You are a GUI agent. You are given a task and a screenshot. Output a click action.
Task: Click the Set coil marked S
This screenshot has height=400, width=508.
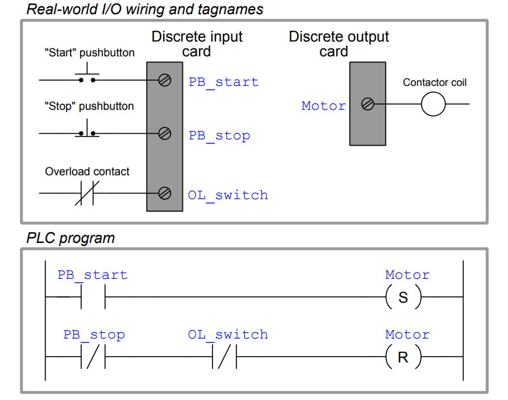[x=403, y=298]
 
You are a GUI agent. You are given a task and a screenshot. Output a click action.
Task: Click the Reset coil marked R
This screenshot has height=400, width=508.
[x=403, y=357]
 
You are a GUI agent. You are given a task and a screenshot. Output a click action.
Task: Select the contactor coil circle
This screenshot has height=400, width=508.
[x=433, y=104]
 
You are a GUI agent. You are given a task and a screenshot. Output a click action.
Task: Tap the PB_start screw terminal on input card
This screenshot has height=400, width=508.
[x=165, y=80]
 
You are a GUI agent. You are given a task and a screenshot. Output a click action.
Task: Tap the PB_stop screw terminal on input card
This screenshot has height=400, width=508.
[x=165, y=134]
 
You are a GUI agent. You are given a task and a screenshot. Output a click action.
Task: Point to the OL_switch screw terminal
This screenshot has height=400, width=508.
[x=165, y=193]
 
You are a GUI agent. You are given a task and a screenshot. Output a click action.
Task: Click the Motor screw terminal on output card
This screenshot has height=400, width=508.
[x=368, y=104]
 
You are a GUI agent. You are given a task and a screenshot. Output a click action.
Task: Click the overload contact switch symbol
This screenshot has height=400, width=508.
[x=87, y=193]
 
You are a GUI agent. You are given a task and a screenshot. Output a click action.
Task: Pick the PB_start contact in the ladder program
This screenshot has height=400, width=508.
[x=93, y=298]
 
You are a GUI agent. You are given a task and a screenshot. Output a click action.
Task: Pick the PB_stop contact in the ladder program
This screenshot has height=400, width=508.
[x=93, y=357]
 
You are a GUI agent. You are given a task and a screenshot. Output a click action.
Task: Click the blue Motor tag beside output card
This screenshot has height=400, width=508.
[x=323, y=106]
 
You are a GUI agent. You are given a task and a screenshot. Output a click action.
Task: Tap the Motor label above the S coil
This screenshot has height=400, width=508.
[x=407, y=275]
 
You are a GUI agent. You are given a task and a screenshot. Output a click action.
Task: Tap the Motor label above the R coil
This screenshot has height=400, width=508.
[x=407, y=335]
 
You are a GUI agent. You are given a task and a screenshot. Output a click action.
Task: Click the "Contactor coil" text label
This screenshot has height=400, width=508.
[x=435, y=83]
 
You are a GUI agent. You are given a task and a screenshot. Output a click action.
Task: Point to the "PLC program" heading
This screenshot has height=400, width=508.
[x=70, y=238]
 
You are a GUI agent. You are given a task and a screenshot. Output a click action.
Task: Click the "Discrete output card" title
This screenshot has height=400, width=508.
[x=339, y=44]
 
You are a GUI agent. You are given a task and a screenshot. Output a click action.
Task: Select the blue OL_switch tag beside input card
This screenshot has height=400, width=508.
[x=228, y=195]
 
